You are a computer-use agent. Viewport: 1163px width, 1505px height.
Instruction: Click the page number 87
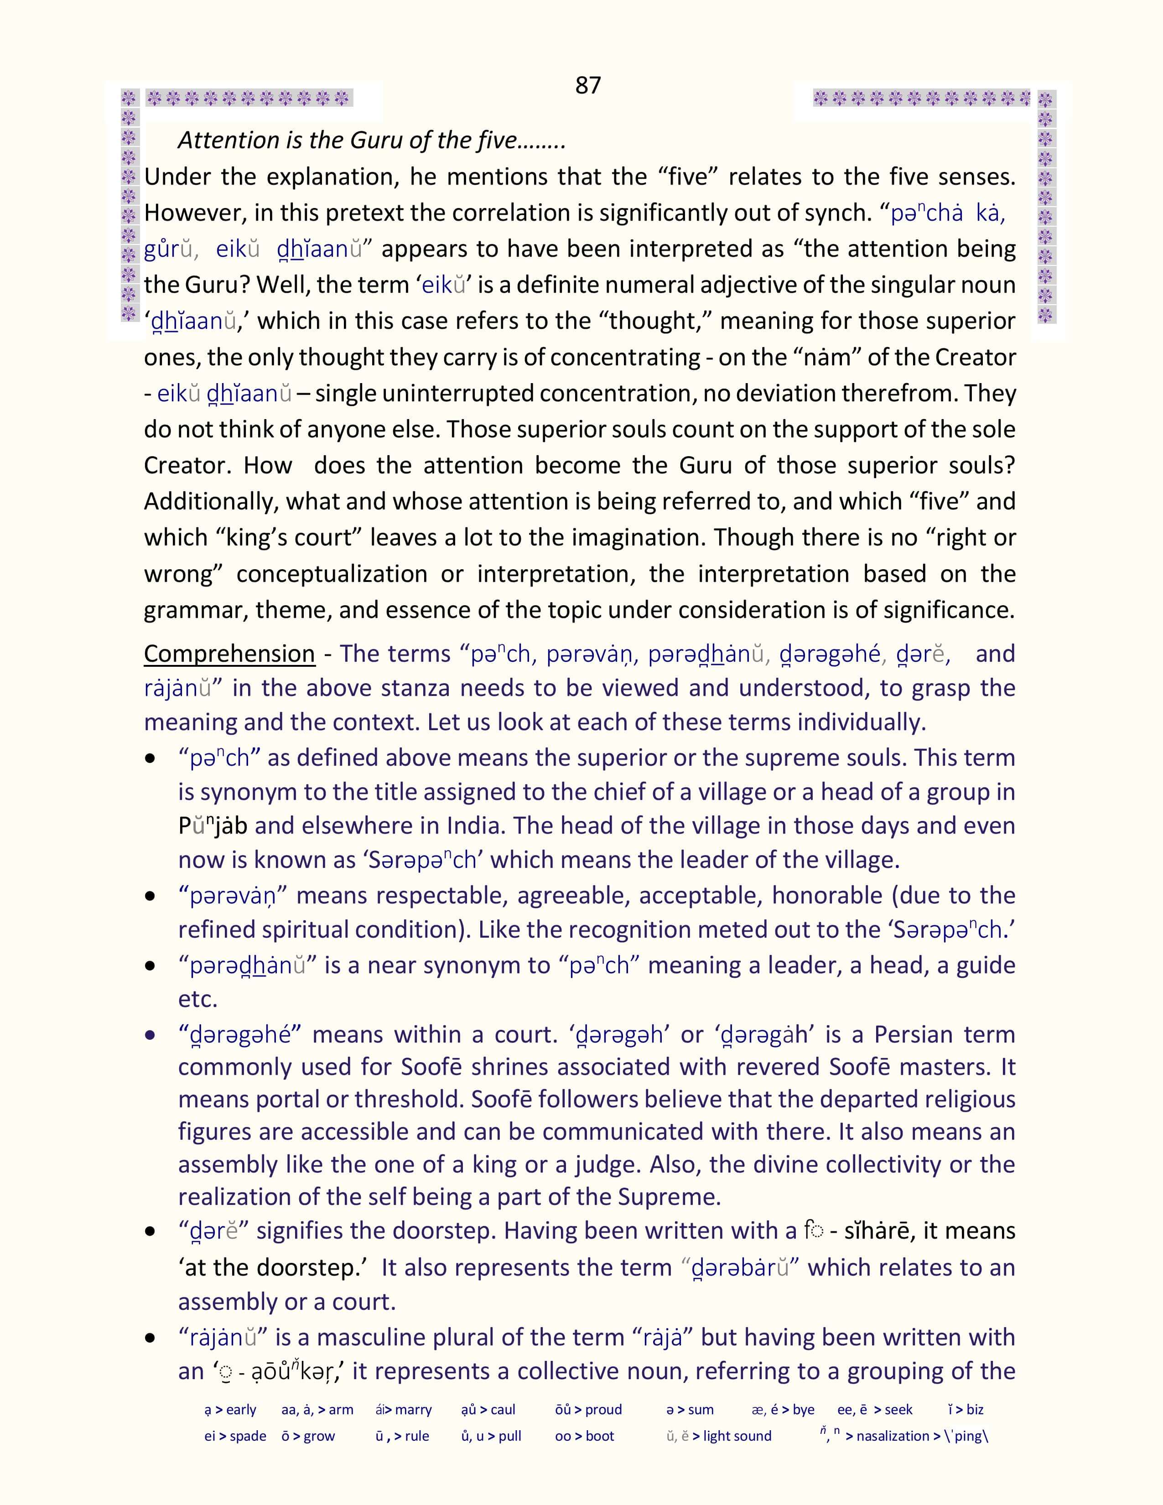588,85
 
